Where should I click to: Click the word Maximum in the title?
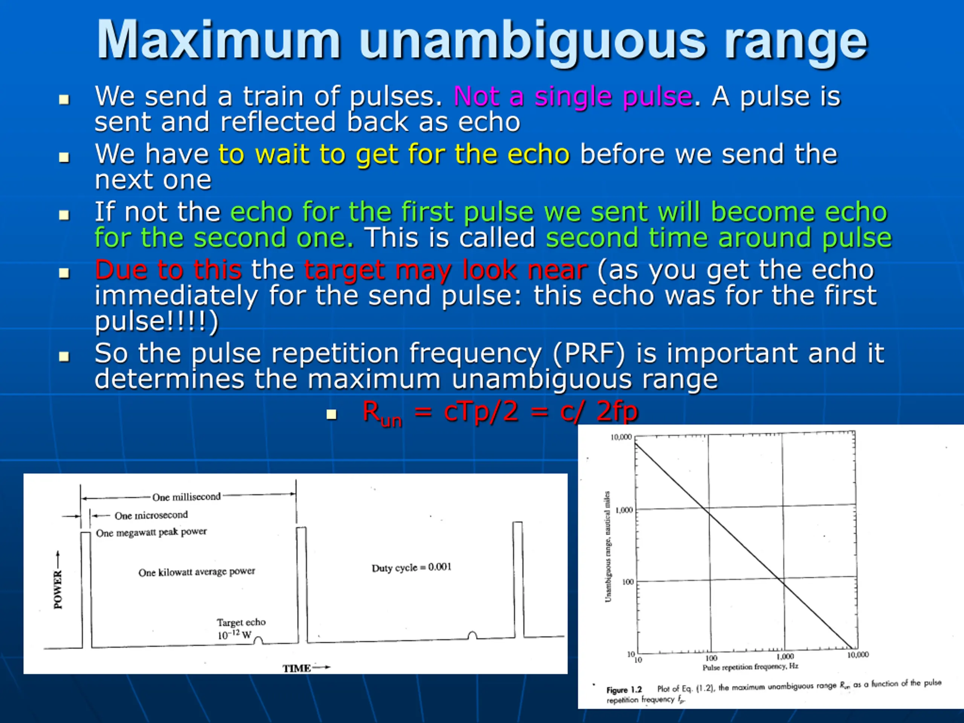pos(218,40)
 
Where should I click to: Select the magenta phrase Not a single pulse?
pos(573,97)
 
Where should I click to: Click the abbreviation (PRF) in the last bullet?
pos(588,354)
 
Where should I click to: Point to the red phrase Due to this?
pos(168,270)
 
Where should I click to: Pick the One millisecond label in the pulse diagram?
pos(186,497)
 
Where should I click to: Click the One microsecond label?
pos(151,516)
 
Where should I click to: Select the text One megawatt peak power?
pos(151,532)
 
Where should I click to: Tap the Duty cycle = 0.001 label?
pos(412,567)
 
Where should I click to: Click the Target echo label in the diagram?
pos(241,622)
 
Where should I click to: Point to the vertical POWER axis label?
pos(58,590)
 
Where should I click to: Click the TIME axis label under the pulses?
pos(296,668)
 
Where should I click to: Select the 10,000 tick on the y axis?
pos(621,437)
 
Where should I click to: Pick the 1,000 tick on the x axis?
pos(785,656)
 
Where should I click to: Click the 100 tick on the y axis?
pos(628,582)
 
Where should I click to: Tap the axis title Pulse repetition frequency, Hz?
pos(750,667)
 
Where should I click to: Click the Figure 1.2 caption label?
pos(624,690)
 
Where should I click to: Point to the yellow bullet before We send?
pos(64,100)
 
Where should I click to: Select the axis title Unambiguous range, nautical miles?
pos(607,547)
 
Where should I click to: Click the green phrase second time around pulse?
pos(718,238)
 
